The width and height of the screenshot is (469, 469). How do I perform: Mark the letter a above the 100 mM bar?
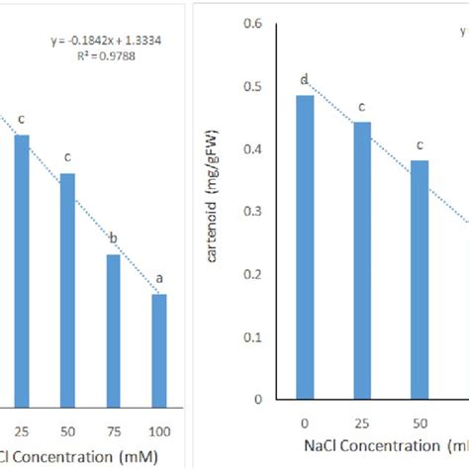[158, 278]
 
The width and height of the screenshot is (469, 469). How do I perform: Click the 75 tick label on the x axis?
[113, 432]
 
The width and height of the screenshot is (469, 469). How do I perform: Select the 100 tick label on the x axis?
[158, 432]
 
